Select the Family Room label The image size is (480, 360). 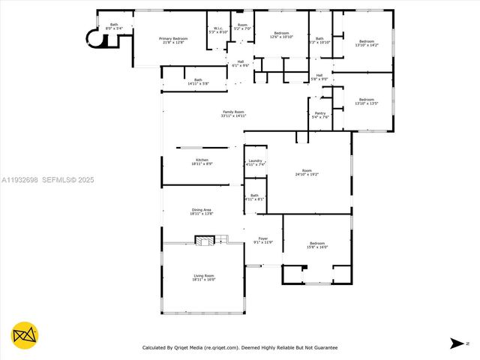pyautogui.click(x=233, y=114)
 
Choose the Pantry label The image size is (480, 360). pyautogui.click(x=319, y=115)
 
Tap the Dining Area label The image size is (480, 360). pyautogui.click(x=202, y=211)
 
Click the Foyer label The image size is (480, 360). pyautogui.click(x=263, y=240)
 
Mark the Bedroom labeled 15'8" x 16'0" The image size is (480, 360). pyautogui.click(x=317, y=245)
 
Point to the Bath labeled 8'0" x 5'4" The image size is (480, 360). pyautogui.click(x=115, y=26)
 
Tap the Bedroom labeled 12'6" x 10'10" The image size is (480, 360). pyautogui.click(x=281, y=35)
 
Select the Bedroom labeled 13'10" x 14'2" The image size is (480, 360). pyautogui.click(x=367, y=43)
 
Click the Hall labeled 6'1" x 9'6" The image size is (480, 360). pyautogui.click(x=241, y=64)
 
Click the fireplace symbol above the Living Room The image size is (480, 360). pyautogui.click(x=204, y=240)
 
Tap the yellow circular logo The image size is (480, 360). pyautogui.click(x=25, y=335)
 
